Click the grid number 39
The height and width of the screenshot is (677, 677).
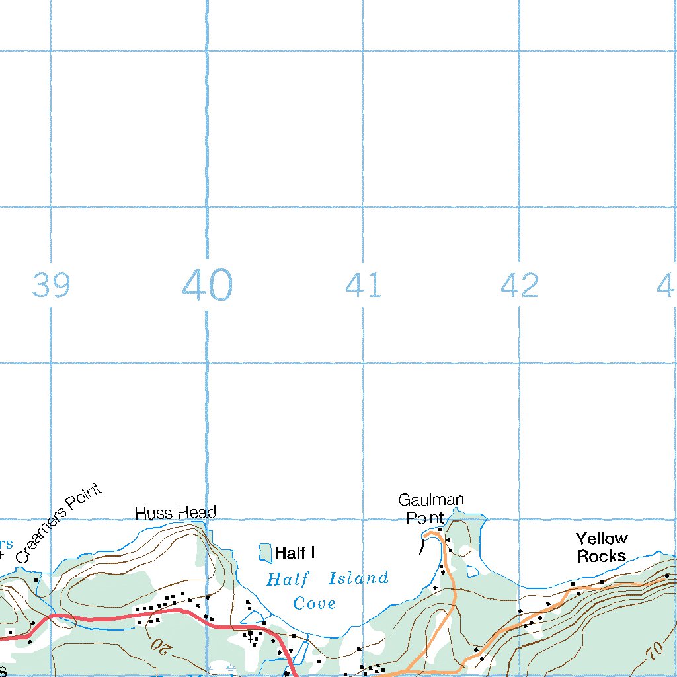point(51,286)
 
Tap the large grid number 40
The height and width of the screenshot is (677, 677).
point(207,286)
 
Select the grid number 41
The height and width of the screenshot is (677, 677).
point(363,286)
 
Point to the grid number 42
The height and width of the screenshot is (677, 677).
point(519,286)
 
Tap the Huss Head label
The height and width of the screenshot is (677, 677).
point(175,513)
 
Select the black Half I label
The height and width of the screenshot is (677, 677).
point(294,553)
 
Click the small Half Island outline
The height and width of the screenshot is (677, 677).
point(265,553)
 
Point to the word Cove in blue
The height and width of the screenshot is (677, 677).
point(314,603)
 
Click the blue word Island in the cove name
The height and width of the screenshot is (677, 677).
point(358,579)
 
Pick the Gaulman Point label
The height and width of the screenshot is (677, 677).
point(430,508)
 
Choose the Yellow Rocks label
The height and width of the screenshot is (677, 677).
point(601,547)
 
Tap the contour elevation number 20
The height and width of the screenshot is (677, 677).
point(160,643)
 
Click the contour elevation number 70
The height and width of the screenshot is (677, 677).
point(655,649)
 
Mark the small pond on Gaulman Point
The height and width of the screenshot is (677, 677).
point(472,571)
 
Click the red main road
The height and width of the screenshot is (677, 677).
point(119,617)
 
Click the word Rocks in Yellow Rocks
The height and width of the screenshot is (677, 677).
point(601,556)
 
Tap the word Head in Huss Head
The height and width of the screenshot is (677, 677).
point(198,513)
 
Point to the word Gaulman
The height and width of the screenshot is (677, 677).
point(430,500)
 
